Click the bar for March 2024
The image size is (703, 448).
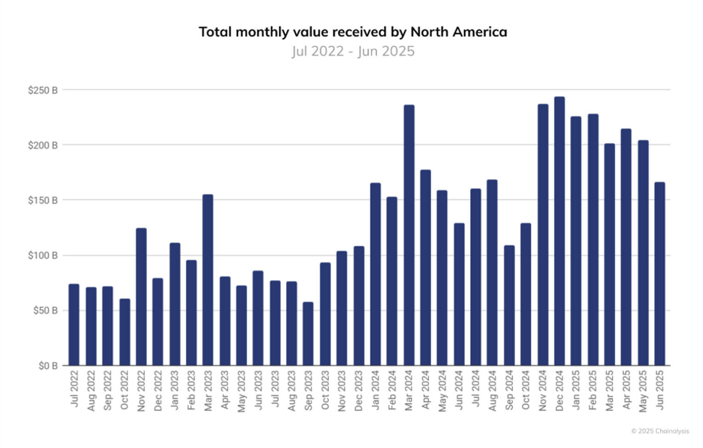pos(409,235)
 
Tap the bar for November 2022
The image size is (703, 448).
pos(141,297)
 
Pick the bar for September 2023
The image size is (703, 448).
pos(308,333)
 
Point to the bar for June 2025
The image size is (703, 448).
pos(660,274)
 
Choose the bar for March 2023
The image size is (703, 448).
pos(208,280)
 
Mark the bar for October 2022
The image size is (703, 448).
pos(125,332)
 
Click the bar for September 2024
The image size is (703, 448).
pos(509,305)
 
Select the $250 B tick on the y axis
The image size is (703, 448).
pos(43,90)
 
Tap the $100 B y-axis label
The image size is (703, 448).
pos(43,255)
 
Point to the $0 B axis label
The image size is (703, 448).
pos(48,366)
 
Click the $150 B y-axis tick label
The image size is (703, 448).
pos(43,201)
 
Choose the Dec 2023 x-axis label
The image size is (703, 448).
pos(359,391)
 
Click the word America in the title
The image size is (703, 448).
pos(480,32)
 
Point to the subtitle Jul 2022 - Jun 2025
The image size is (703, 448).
pos(353,51)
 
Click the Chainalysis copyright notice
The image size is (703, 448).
pos(660,431)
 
